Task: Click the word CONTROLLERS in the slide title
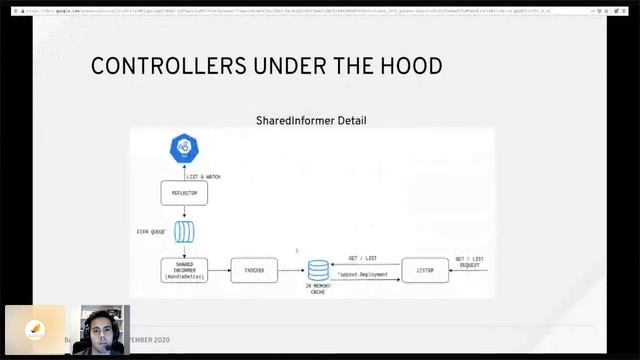tap(153, 67)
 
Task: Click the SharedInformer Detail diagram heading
tap(311, 121)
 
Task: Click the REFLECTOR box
tap(184, 193)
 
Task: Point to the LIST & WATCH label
tap(203, 177)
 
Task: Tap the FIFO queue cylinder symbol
tap(184, 232)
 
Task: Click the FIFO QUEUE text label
tap(151, 232)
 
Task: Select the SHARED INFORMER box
tap(184, 269)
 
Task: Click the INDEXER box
tap(253, 269)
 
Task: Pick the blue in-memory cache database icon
tap(318, 270)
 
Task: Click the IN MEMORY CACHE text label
tap(318, 289)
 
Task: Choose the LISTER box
tap(425, 270)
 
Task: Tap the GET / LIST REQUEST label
tap(470, 262)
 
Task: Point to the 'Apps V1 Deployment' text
tap(364, 274)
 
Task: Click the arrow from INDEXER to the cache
tap(291, 270)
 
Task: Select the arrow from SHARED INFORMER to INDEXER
tap(219, 270)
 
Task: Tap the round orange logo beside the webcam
tap(35, 330)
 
